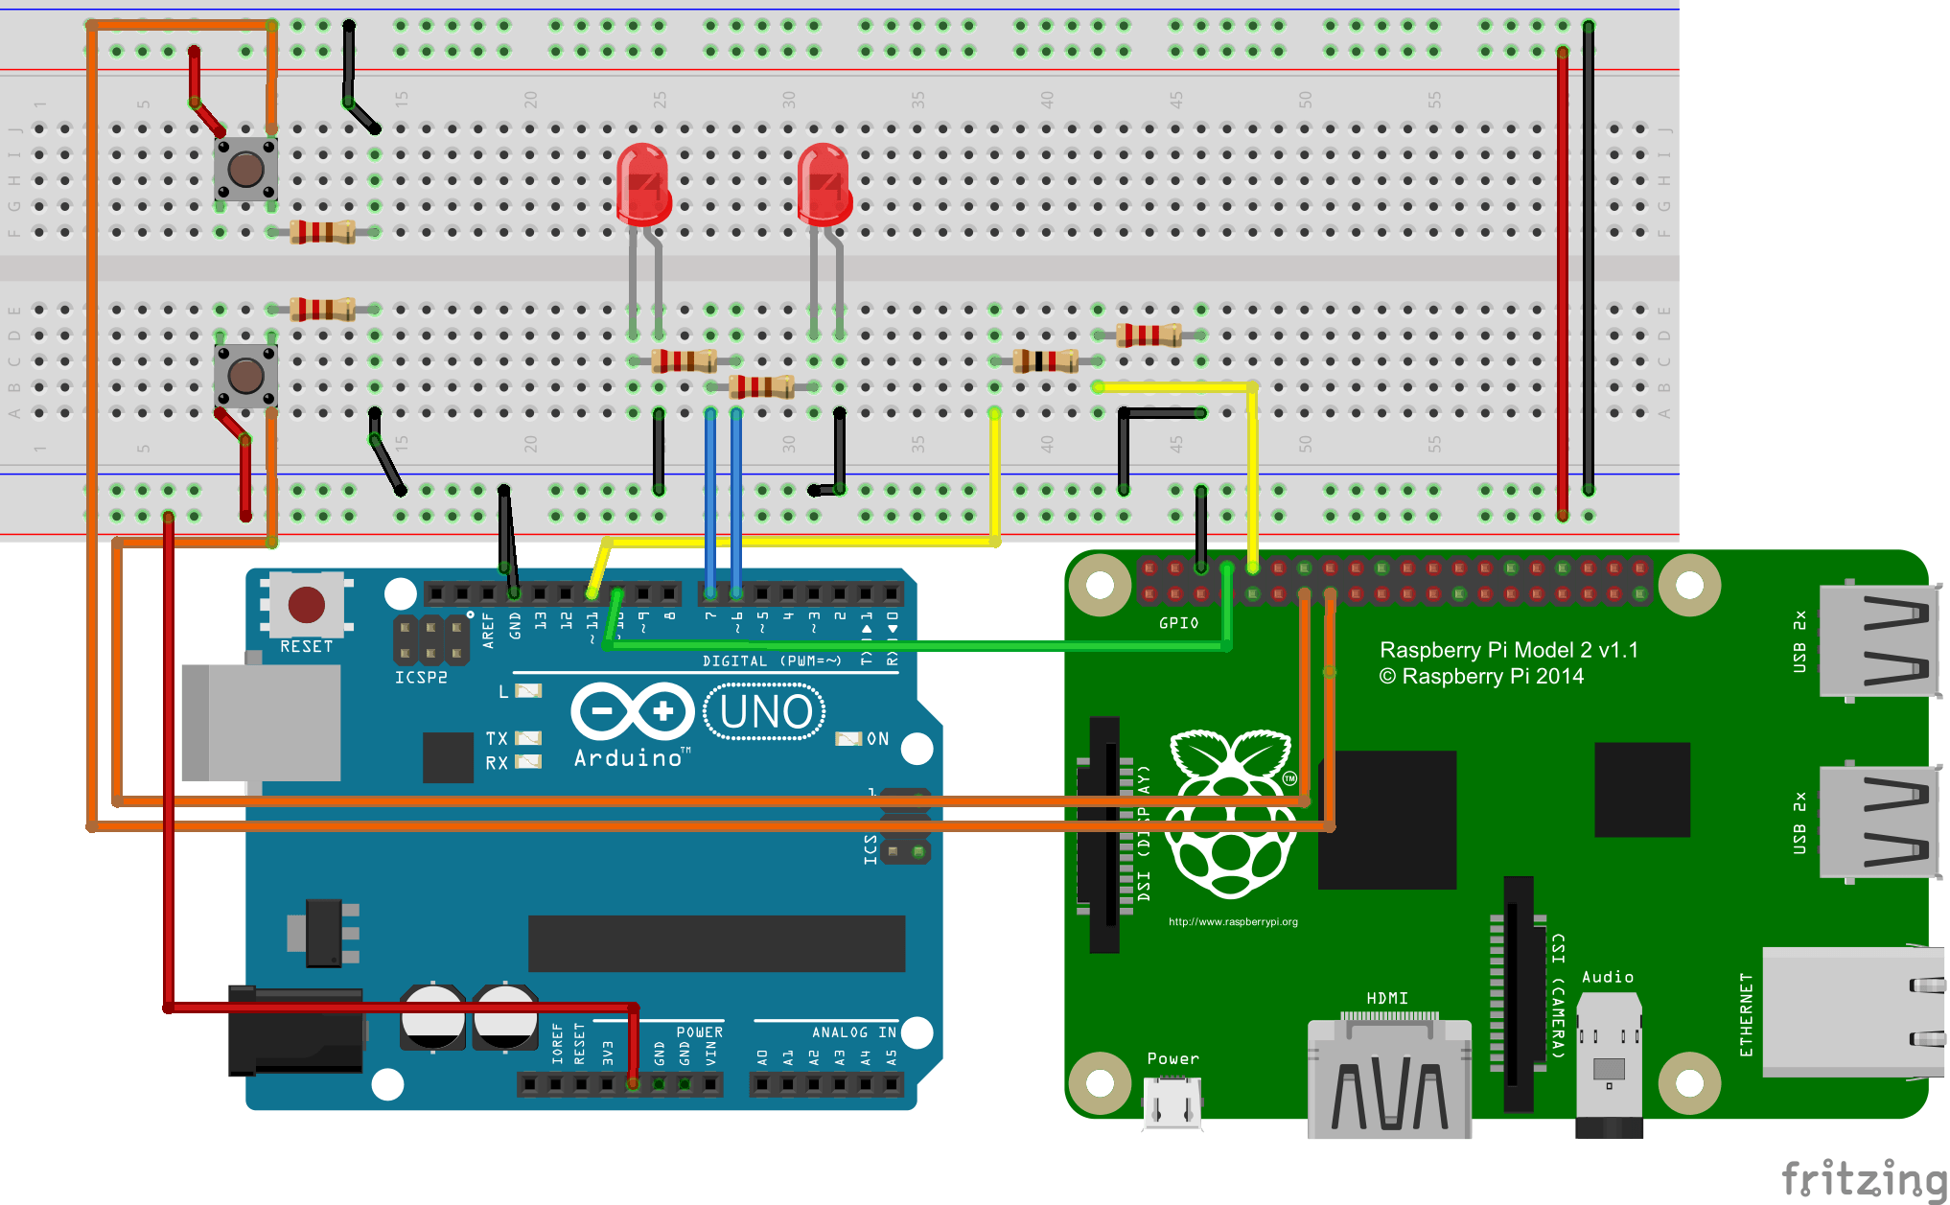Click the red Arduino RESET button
pyautogui.click(x=306, y=605)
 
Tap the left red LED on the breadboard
pyautogui.click(x=642, y=182)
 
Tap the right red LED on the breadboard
pyautogui.click(x=823, y=182)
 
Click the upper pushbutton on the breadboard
pyautogui.click(x=246, y=169)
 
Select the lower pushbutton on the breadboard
pyautogui.click(x=246, y=376)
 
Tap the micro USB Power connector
pyautogui.click(x=1172, y=1102)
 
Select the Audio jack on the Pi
pyautogui.click(x=1609, y=1064)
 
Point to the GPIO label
pyautogui.click(x=1178, y=623)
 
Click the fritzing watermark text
pyautogui.click(x=1864, y=1178)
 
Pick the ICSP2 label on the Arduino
pyautogui.click(x=421, y=678)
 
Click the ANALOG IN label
pyautogui.click(x=853, y=1032)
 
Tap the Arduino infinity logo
pyautogui.click(x=632, y=711)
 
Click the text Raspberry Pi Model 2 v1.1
pyautogui.click(x=1508, y=650)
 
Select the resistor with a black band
pyautogui.click(x=1045, y=361)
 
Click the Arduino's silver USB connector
pyautogui.click(x=261, y=722)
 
